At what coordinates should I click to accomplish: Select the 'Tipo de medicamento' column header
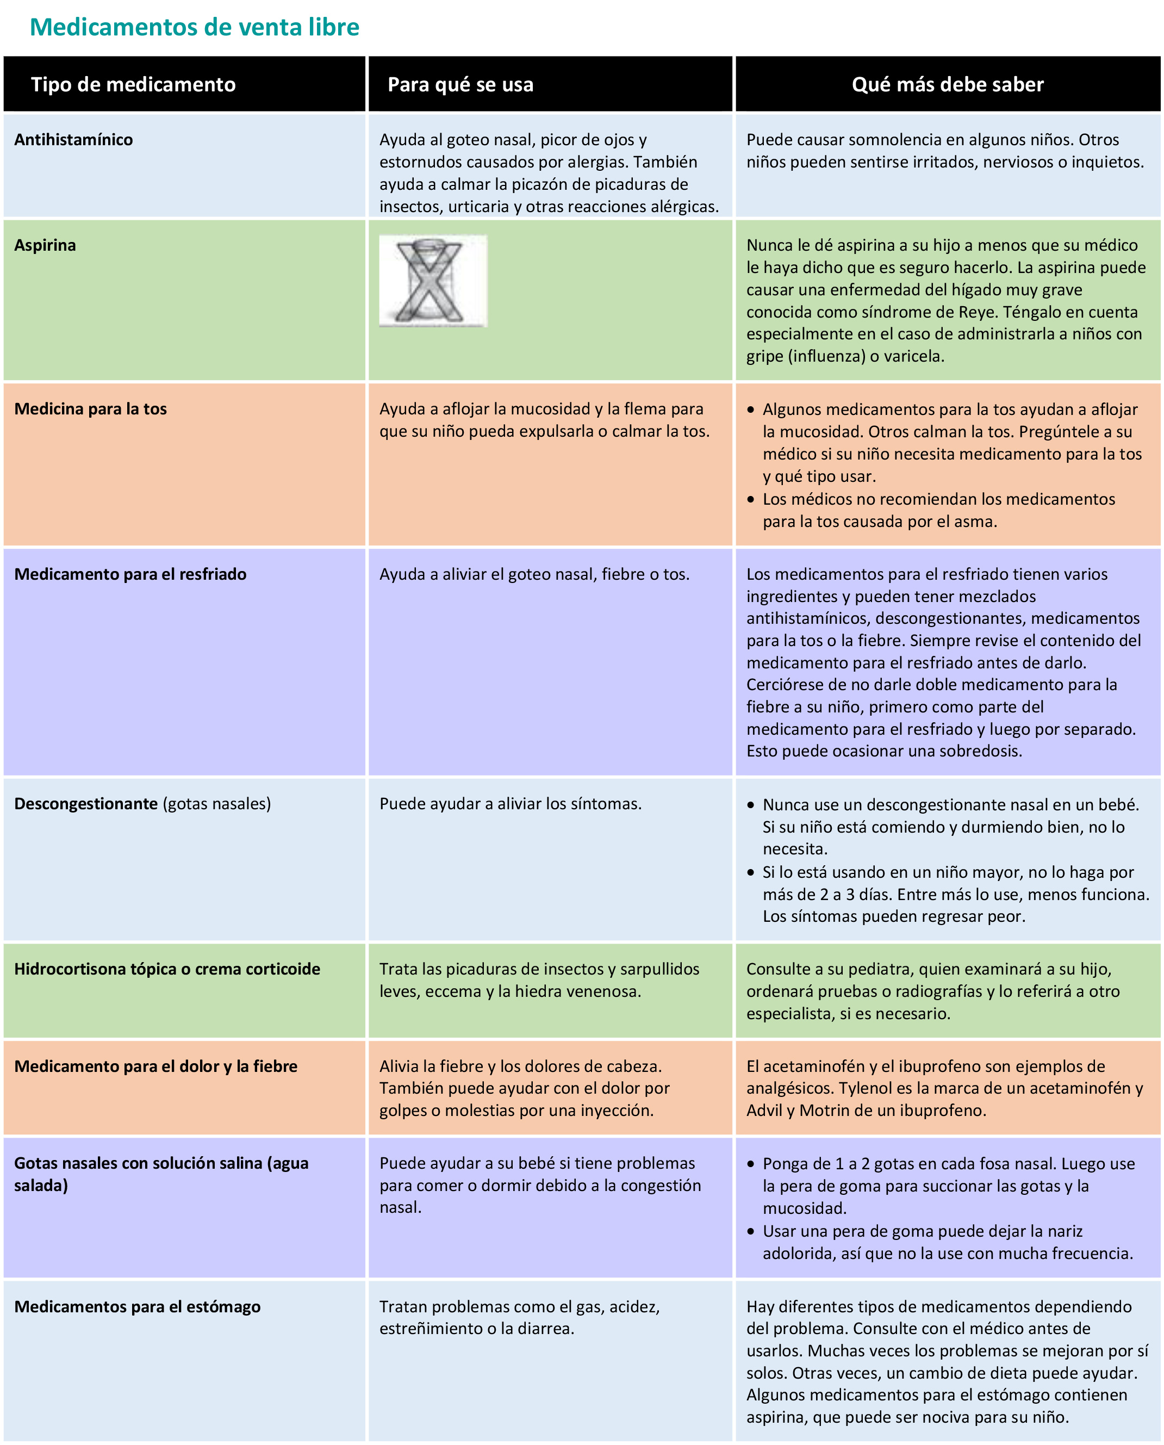133,84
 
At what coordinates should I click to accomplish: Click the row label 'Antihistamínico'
74,139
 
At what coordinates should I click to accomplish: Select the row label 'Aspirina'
45,245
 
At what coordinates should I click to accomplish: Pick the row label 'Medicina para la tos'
90,409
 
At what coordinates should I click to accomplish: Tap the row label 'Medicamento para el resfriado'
130,574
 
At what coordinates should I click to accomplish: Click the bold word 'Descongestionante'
86,803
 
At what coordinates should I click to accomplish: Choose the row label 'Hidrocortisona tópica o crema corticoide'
167,969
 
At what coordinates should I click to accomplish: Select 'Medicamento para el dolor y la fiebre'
155,1066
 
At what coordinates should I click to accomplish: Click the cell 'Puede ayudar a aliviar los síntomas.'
511,803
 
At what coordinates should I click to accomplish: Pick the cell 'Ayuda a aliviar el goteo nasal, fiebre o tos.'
534,574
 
